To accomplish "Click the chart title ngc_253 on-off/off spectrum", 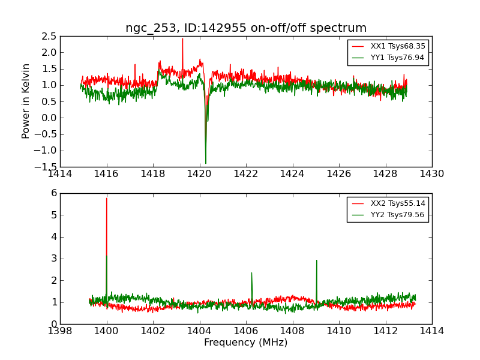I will coord(246,28).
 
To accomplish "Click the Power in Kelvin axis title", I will coord(26,101).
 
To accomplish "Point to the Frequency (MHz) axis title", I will coord(246,343).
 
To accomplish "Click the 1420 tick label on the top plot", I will coord(200,174).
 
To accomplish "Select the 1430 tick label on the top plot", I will coord(432,174).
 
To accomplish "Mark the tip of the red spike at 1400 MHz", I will coord(107,198).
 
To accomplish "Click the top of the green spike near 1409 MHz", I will coord(316,260).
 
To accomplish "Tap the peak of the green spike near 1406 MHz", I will coord(251,272).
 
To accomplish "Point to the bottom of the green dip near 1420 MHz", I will coord(206,163).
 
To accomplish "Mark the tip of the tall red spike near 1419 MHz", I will coord(182,38).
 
